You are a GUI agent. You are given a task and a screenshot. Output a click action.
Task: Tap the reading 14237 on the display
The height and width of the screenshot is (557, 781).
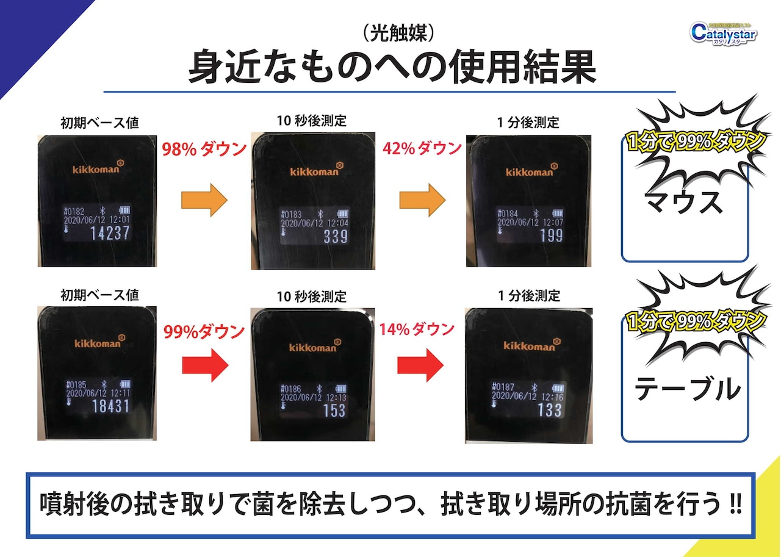click(110, 233)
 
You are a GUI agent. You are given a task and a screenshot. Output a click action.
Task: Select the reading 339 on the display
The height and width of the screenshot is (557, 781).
click(335, 237)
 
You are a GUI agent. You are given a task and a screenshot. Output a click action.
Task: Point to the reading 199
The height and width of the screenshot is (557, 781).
click(551, 234)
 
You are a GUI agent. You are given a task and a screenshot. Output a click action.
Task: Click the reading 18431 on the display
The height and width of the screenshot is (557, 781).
click(110, 405)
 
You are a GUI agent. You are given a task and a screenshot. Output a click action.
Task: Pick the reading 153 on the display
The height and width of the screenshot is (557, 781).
click(334, 411)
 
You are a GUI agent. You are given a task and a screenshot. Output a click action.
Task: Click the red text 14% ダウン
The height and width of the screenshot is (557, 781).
click(417, 329)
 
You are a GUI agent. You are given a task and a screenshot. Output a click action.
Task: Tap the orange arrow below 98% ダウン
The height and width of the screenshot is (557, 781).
click(204, 199)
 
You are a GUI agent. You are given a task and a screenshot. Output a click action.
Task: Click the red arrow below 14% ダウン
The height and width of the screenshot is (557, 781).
click(420, 366)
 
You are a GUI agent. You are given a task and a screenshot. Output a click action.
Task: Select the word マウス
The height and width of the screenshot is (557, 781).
click(685, 203)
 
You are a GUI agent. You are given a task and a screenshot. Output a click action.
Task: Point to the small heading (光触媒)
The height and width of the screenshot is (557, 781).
click(392, 34)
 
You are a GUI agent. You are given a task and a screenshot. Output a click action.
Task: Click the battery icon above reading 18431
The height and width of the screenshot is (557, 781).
click(125, 384)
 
